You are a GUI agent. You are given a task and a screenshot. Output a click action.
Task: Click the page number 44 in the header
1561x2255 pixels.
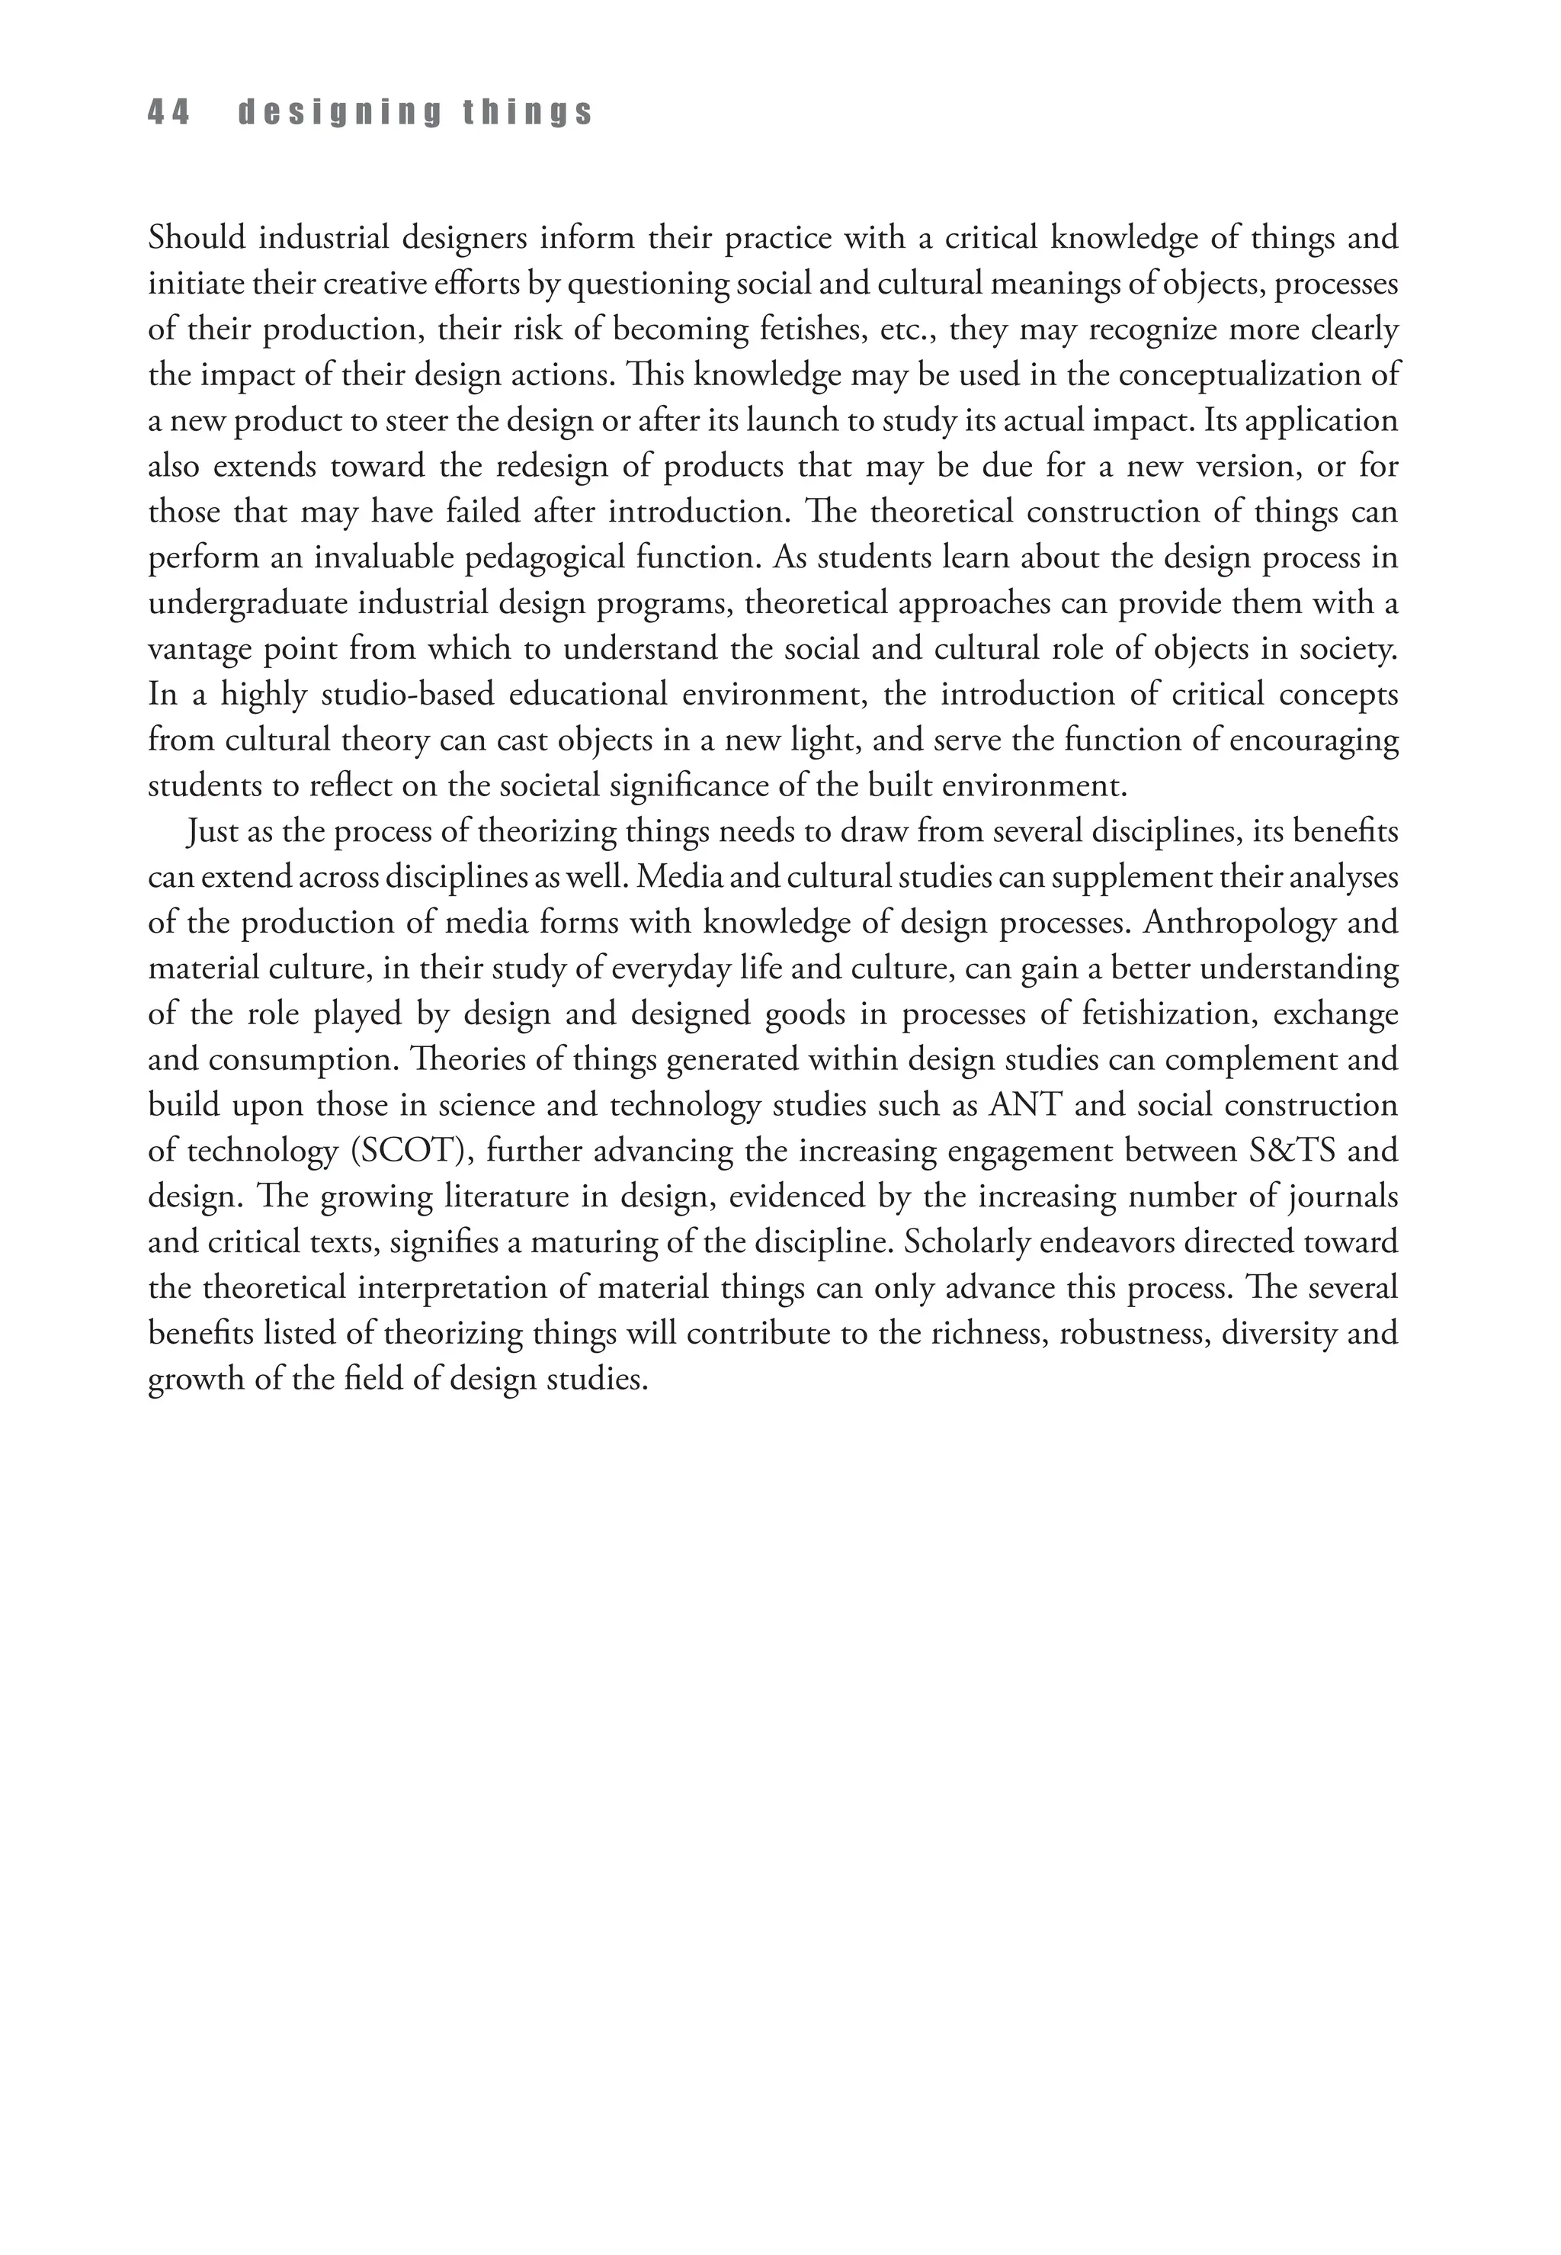[x=168, y=114]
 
